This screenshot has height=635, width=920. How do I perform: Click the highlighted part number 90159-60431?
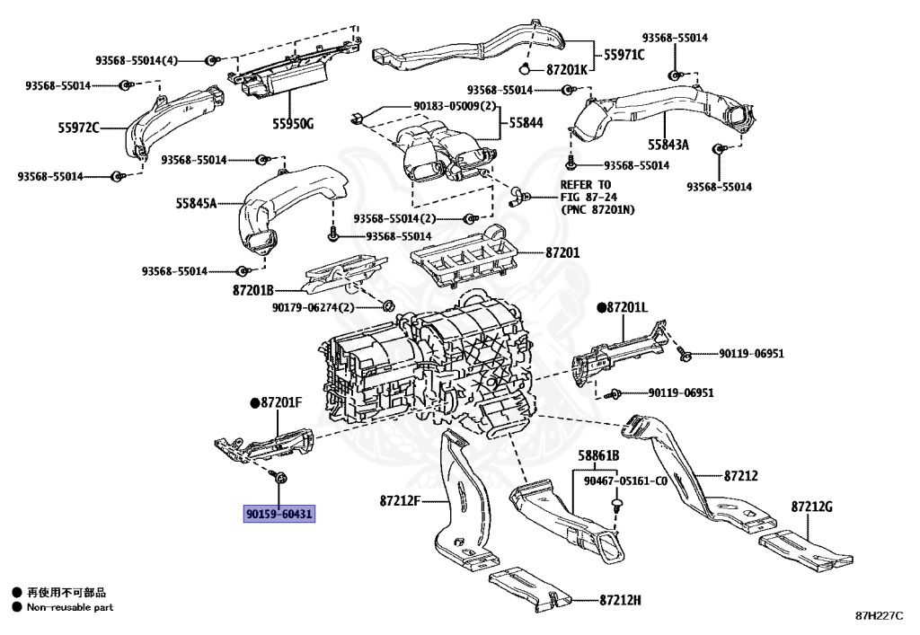pos(279,514)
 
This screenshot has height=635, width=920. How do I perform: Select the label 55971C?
pos(624,54)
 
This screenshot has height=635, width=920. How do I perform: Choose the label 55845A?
pos(196,204)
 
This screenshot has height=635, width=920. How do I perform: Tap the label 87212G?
pos(812,507)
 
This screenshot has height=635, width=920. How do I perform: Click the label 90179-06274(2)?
pos(314,307)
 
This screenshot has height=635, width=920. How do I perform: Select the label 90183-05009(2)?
pos(455,105)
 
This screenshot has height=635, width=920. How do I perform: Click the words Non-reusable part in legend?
pos(70,607)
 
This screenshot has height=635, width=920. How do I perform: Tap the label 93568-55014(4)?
pos(137,60)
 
